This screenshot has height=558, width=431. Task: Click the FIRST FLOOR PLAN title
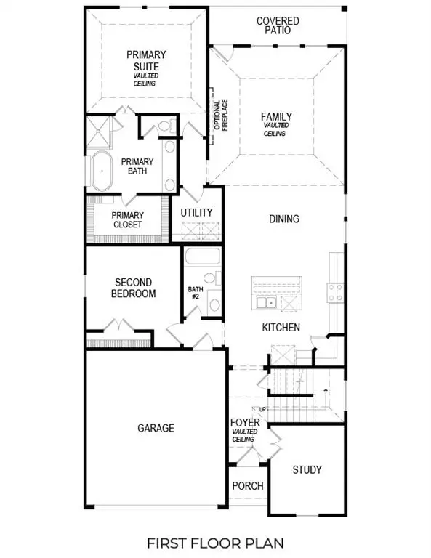coord(215,543)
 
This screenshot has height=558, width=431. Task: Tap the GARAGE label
coord(156,428)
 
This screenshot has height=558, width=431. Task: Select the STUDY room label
coord(307,469)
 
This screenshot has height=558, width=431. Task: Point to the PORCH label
coord(247,486)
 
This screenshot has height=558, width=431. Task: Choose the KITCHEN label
coord(281,328)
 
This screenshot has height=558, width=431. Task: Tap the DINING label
coord(283,219)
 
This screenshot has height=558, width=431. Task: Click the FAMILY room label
coord(277,117)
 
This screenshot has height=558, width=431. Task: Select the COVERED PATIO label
coord(277,26)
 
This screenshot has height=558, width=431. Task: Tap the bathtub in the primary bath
coord(102,171)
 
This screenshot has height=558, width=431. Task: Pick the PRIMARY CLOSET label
coord(127,219)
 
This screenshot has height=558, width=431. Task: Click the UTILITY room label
coord(197,212)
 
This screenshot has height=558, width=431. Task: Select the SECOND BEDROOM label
coord(135,288)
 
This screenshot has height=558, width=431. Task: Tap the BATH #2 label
coord(193,292)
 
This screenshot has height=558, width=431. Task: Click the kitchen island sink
coord(264,302)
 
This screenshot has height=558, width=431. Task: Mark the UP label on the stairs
coord(262,410)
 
